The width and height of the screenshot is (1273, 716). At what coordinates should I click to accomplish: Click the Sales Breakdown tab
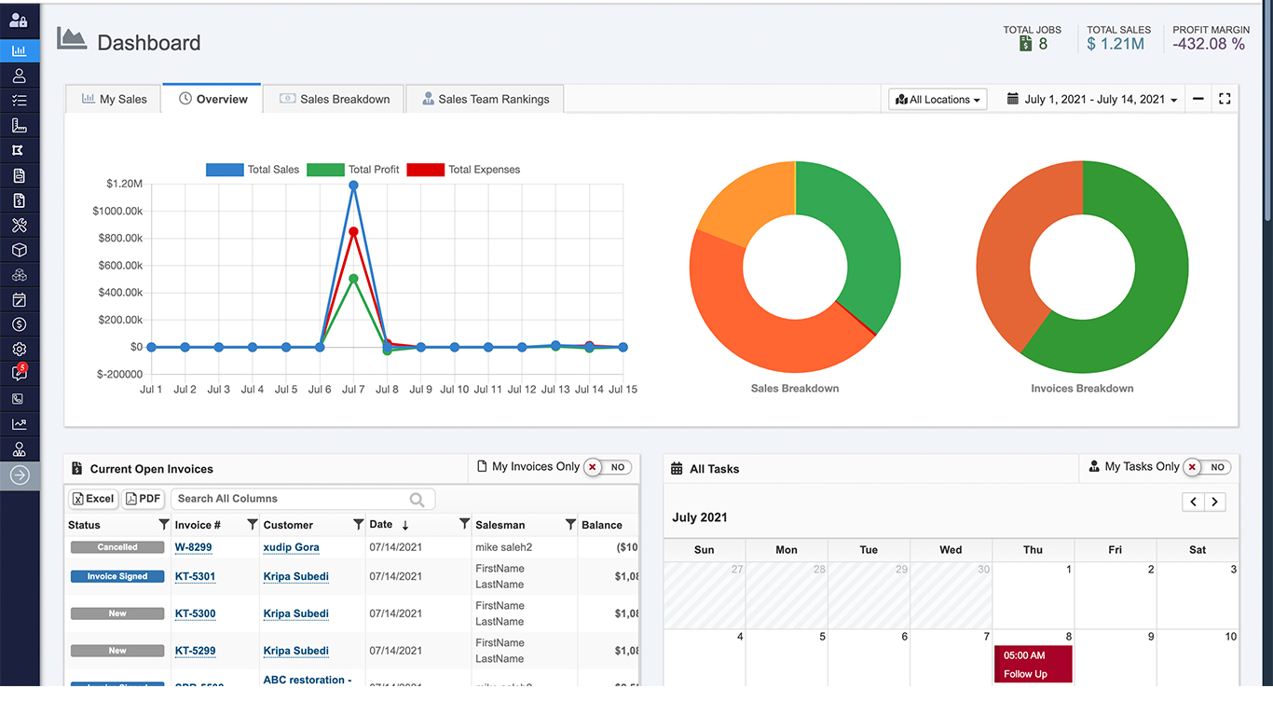pyautogui.click(x=335, y=99)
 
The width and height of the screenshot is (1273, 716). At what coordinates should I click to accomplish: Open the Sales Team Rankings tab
pyautogui.click(x=485, y=99)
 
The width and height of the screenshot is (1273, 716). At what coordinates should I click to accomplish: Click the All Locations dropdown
pyautogui.click(x=938, y=99)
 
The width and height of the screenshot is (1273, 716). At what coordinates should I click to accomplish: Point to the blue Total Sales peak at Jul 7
pyautogui.click(x=353, y=186)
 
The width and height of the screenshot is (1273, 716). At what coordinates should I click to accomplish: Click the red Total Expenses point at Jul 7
pyautogui.click(x=353, y=231)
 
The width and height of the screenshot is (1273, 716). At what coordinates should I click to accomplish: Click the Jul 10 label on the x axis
pyautogui.click(x=454, y=390)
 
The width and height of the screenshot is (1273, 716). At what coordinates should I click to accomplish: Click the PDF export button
pyautogui.click(x=144, y=499)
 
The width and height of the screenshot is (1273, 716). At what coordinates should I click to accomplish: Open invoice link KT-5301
pyautogui.click(x=195, y=576)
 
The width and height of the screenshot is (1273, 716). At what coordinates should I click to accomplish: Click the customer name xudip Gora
pyautogui.click(x=291, y=547)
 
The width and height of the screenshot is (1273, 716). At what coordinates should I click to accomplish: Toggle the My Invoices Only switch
pyautogui.click(x=608, y=467)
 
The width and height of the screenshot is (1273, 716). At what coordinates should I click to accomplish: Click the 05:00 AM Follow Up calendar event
pyautogui.click(x=1033, y=665)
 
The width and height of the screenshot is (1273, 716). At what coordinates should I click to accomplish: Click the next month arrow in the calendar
pyautogui.click(x=1214, y=502)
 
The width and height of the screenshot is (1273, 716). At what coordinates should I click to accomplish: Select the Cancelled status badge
pyautogui.click(x=117, y=547)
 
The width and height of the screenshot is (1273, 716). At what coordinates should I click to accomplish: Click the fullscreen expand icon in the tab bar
pyautogui.click(x=1225, y=99)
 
